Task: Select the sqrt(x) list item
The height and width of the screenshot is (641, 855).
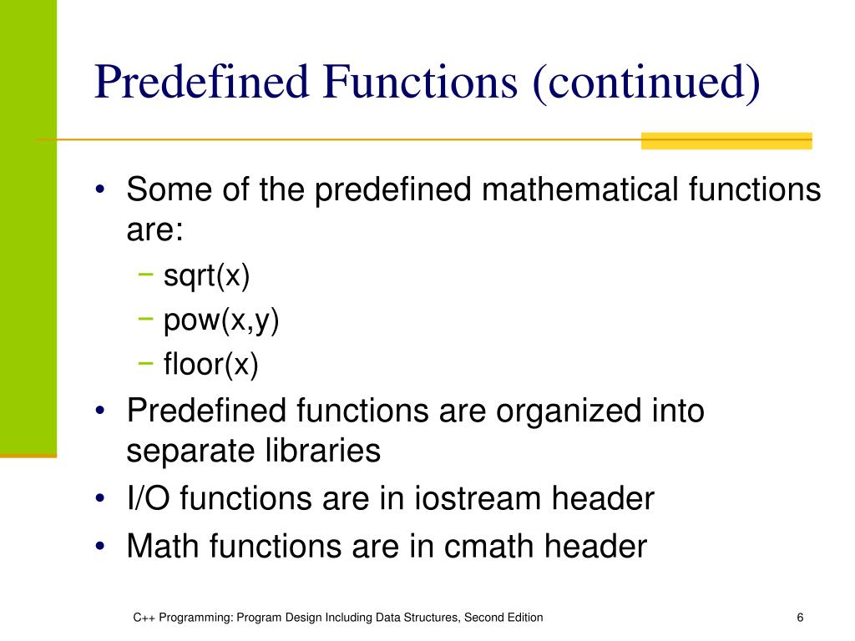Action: point(206,276)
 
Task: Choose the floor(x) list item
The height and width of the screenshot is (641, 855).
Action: point(211,365)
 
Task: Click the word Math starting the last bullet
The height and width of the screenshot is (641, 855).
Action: point(163,547)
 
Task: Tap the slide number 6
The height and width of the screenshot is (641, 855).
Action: point(800,618)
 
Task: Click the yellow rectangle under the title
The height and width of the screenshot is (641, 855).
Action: point(726,141)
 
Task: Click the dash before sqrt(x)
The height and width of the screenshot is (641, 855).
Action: point(147,275)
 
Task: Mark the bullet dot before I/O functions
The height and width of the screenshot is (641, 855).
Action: point(100,500)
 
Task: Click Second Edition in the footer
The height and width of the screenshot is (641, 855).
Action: point(503,618)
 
